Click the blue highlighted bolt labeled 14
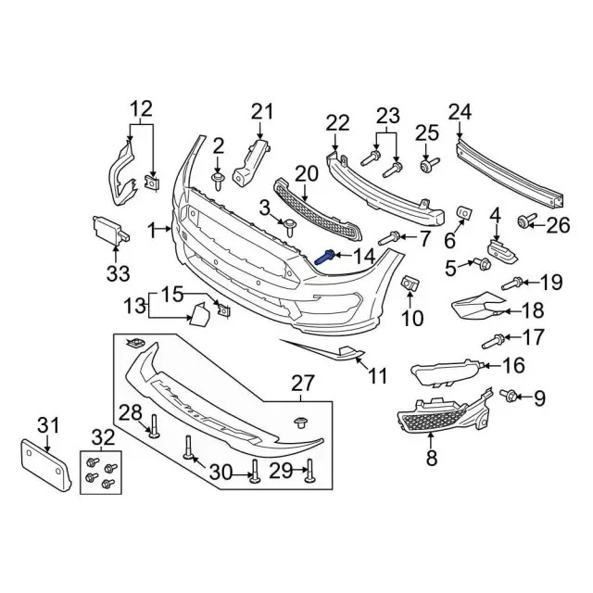326,259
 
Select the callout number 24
461,113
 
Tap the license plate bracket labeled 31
46,465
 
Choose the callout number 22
337,120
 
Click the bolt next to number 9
510,397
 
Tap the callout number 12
141,108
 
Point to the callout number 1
152,230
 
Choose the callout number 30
220,473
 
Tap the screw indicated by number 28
153,427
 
